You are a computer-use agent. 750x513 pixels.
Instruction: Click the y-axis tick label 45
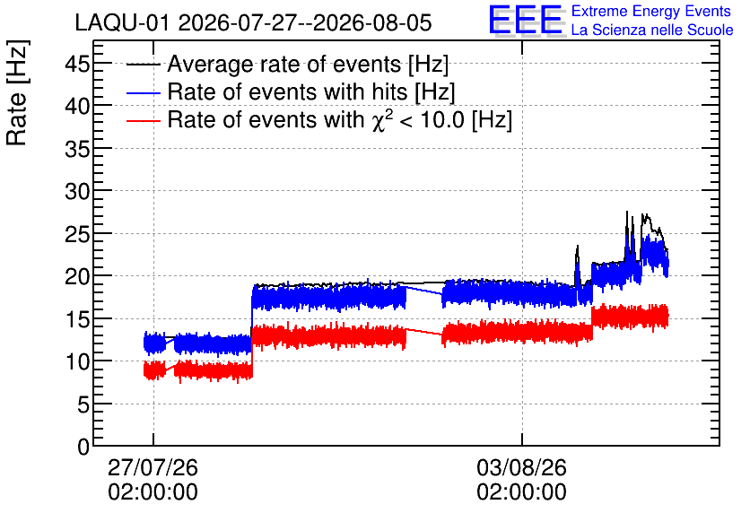pyautogui.click(x=77, y=64)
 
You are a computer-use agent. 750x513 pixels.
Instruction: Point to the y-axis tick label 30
pyautogui.click(x=77, y=191)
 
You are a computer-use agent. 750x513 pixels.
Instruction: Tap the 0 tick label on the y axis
pyautogui.click(x=83, y=447)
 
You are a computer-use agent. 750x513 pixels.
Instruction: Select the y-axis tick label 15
pyautogui.click(x=77, y=319)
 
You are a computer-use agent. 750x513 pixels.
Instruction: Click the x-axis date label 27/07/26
pyautogui.click(x=153, y=467)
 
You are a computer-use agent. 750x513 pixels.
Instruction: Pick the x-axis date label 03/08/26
pyautogui.click(x=522, y=467)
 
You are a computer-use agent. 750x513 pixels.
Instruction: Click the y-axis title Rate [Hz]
pyautogui.click(x=17, y=93)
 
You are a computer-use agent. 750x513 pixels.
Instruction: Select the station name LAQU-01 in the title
pyautogui.click(x=122, y=22)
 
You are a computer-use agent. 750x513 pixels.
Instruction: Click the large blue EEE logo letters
pyautogui.click(x=526, y=20)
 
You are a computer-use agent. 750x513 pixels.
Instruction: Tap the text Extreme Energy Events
pyautogui.click(x=651, y=11)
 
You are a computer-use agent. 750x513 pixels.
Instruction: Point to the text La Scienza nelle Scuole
pyautogui.click(x=652, y=30)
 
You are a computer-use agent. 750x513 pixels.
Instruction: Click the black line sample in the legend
pyautogui.click(x=143, y=65)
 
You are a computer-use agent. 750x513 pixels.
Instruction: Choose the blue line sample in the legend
pyautogui.click(x=143, y=92)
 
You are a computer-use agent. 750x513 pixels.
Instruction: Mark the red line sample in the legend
pyautogui.click(x=143, y=120)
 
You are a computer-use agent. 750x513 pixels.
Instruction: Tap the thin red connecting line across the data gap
pyautogui.click(x=424, y=332)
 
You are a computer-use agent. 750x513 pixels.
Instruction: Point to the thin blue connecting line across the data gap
pyautogui.click(x=424, y=291)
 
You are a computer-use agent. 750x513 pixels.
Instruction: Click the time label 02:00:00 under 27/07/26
pyautogui.click(x=153, y=492)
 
